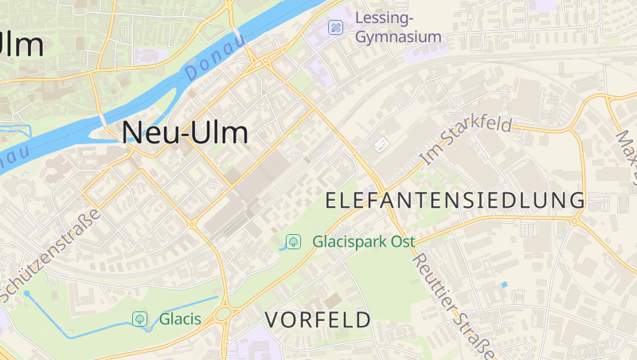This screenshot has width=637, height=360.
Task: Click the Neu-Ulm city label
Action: point(185,132)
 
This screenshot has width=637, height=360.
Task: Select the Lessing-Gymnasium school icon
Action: point(336,27)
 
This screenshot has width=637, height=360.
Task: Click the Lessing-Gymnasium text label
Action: point(397,27)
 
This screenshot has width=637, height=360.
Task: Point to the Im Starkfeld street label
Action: point(466,141)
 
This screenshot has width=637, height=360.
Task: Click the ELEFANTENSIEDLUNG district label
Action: point(455,200)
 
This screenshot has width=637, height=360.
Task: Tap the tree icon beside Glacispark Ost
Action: point(293,241)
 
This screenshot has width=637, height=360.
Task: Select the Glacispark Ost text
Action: point(364,241)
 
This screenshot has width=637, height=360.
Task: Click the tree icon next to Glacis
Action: point(140,319)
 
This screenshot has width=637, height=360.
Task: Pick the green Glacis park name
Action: point(180,319)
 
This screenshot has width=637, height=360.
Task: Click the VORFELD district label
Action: point(318,320)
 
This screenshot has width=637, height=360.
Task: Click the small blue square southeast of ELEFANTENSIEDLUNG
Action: point(504,284)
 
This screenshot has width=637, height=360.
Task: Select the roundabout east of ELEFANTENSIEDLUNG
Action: point(574,220)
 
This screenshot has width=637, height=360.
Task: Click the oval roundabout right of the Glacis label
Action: point(223,315)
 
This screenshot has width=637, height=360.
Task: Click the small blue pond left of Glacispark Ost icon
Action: point(281,248)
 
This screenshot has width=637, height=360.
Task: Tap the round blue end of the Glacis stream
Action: point(26,293)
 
